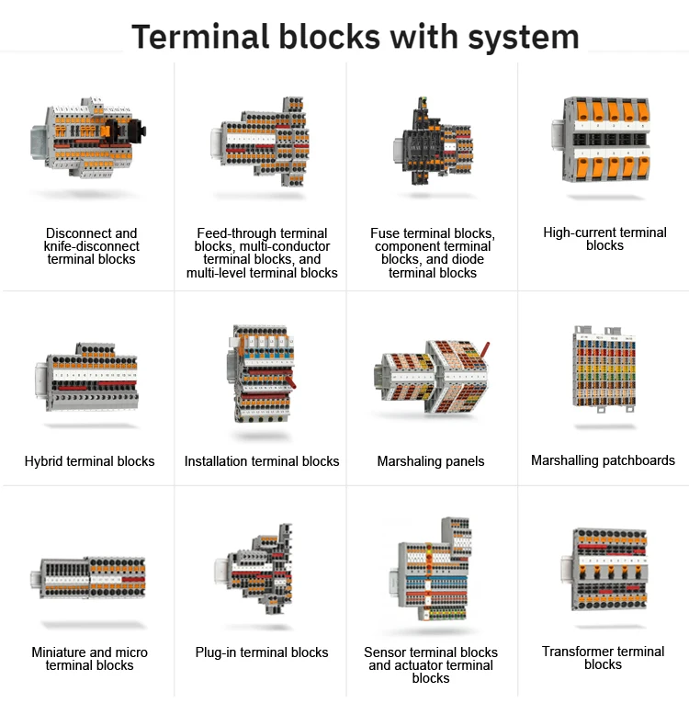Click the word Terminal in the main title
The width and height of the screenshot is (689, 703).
point(200,37)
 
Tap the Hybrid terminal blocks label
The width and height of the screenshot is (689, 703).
point(90,461)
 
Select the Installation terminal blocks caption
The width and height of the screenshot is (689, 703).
point(262,461)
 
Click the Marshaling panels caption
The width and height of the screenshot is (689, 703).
point(431,461)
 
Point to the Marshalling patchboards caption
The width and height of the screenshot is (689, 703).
point(603,460)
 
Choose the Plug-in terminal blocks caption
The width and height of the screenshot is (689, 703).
point(262,652)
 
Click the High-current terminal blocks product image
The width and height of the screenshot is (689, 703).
point(602,140)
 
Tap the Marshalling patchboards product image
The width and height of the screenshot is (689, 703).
point(604,369)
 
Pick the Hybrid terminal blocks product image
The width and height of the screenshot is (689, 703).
point(86,378)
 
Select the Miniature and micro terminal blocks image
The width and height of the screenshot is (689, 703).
point(88,578)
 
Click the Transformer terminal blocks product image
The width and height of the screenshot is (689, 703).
point(604,570)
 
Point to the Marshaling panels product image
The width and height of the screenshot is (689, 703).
point(431,377)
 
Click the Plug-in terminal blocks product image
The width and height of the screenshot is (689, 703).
point(254,569)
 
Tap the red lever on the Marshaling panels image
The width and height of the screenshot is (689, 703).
point(485,350)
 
